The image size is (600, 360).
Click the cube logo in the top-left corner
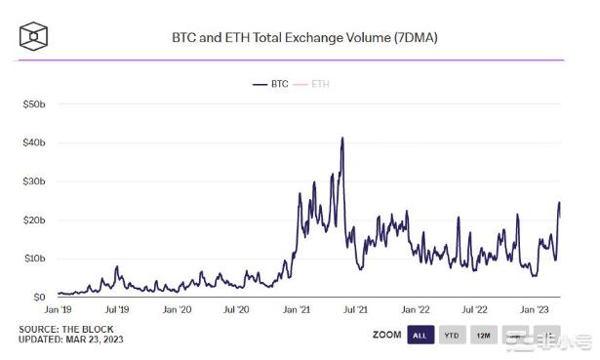click(34, 37)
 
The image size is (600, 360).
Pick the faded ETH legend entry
click(319, 84)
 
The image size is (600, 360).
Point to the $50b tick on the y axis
click(33, 103)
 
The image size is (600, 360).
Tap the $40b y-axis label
click(33, 142)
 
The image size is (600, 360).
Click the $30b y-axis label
click(33, 181)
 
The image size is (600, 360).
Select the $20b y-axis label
click(33, 220)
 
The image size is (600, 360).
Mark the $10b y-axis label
click(33, 259)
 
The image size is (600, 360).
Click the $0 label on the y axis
click(39, 297)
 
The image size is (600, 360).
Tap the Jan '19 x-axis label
click(59, 309)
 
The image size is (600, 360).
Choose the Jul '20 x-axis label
click(237, 309)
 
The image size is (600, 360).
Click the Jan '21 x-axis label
click(297, 309)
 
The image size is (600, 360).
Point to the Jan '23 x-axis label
click(535, 309)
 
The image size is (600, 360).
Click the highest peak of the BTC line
click(342, 139)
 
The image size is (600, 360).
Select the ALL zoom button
click(420, 335)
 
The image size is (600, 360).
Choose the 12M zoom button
click(483, 335)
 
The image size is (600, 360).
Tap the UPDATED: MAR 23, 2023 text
click(71, 340)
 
